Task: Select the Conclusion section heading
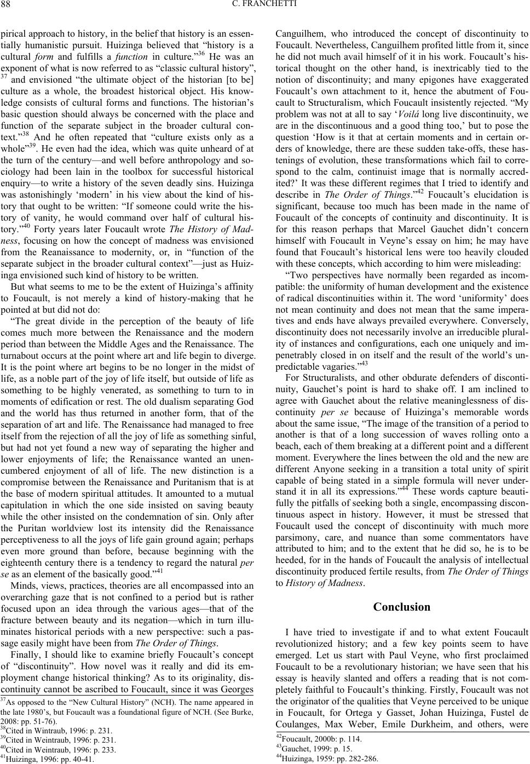click(x=401, y=606)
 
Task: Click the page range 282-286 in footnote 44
click(x=360, y=759)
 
